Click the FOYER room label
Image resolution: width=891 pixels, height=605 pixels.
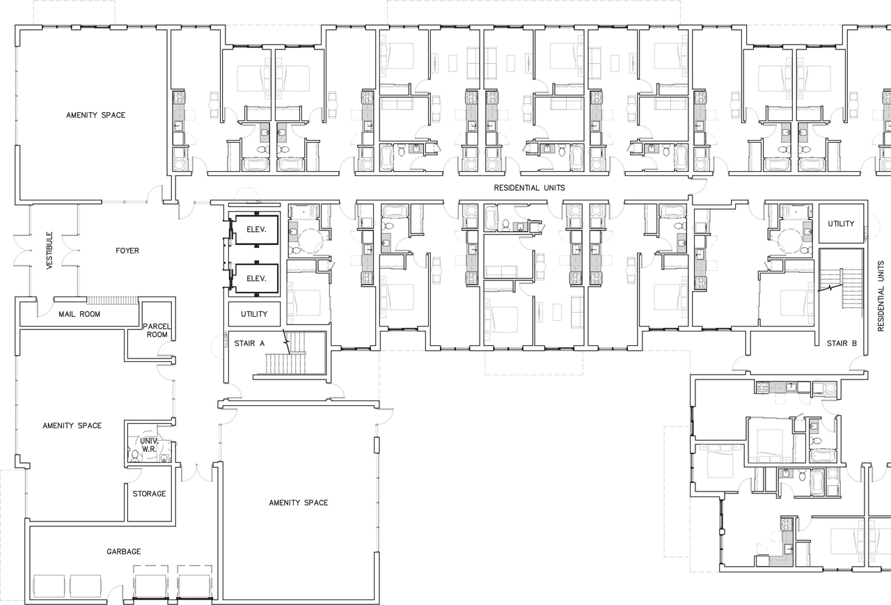(127, 251)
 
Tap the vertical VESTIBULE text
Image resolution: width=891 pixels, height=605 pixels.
(49, 251)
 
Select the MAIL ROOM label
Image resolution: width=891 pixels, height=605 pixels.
(79, 314)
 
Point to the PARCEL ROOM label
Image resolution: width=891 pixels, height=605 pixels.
(157, 330)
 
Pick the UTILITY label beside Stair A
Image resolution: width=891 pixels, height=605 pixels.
(254, 314)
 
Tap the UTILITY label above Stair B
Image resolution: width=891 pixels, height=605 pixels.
(841, 223)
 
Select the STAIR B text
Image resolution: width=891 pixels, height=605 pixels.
(837, 343)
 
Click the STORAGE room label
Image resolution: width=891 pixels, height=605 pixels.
(149, 494)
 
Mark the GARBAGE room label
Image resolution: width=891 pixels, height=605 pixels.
(124, 551)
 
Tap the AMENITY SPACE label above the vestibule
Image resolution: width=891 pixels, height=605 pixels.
(96, 115)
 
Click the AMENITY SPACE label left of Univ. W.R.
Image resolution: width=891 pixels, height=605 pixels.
(72, 425)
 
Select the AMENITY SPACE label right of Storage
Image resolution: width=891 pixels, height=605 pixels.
(299, 503)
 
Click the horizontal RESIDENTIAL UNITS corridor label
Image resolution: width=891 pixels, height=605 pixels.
(529, 188)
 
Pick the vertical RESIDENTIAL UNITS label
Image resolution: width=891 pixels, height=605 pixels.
(881, 290)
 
